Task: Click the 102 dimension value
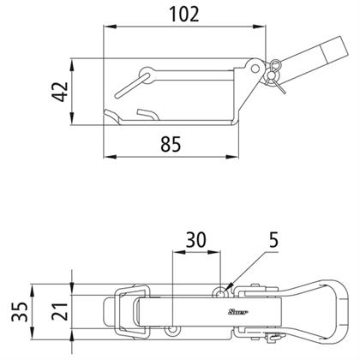click(184, 15)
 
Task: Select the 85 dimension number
click(171, 144)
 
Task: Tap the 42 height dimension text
click(60, 92)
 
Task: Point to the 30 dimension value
click(195, 240)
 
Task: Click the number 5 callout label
click(273, 240)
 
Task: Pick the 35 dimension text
click(20, 311)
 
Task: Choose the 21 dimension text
click(60, 311)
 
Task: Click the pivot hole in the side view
click(255, 69)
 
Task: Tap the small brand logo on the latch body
click(238, 312)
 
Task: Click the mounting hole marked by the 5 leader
click(220, 293)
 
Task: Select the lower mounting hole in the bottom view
click(172, 330)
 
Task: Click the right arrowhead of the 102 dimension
click(259, 27)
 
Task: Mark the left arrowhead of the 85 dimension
click(110, 157)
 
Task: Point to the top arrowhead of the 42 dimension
click(72, 65)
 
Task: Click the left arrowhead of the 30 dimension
click(179, 252)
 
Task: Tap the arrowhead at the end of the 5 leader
click(229, 286)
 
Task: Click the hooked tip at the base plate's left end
click(112, 115)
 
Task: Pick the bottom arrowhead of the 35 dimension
click(32, 333)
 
